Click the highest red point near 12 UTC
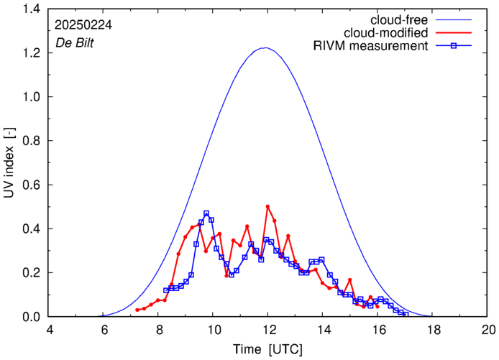[267, 206]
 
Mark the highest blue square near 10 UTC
[206, 213]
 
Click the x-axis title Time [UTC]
[267, 349]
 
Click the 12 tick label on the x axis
[268, 330]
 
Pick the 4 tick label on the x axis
[49, 330]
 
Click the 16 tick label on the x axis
[378, 330]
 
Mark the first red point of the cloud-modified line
[137, 310]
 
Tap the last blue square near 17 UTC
[406, 314]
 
